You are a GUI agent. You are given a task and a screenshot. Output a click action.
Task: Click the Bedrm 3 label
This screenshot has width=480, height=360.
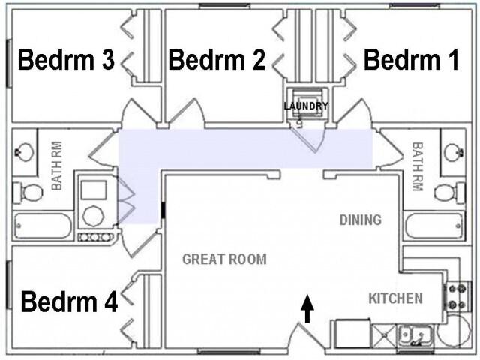66,60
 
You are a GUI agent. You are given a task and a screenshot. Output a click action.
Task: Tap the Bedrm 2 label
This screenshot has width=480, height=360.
217,60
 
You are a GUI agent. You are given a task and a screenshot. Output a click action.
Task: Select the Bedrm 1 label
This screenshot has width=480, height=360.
411,60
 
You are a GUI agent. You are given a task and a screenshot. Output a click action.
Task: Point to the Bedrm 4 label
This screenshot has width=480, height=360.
69,301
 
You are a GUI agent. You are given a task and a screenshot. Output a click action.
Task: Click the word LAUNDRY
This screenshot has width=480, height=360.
306,106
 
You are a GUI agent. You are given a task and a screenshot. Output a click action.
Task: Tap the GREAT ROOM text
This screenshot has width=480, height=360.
224,259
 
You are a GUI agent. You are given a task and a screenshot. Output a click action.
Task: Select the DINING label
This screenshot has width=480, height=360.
361,220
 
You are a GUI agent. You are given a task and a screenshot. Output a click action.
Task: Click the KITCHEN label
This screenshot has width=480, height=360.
395,298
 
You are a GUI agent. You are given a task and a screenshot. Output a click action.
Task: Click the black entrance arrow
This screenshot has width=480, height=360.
307,308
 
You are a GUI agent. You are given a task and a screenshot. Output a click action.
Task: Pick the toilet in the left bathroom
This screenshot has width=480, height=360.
28,193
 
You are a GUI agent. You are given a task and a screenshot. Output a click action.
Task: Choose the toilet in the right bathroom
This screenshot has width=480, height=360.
449,193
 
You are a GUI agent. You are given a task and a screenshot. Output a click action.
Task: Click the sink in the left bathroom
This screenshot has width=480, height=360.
24,152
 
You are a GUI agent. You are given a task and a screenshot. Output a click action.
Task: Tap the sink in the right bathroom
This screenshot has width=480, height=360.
454,152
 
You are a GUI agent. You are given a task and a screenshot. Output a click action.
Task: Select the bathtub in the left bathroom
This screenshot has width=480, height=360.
43,226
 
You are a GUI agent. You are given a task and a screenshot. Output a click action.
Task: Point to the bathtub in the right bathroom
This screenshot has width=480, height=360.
434,226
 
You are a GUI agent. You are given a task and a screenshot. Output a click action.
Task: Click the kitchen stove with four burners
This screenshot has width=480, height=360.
455,296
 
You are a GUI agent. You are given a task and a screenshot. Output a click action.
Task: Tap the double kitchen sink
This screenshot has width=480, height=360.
415,335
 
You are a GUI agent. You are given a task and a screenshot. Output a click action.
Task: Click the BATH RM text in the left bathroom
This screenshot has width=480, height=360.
57,166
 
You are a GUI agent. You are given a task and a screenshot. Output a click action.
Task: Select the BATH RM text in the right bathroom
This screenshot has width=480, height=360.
418,166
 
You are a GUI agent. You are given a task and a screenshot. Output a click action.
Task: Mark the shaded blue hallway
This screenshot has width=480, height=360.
245,148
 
